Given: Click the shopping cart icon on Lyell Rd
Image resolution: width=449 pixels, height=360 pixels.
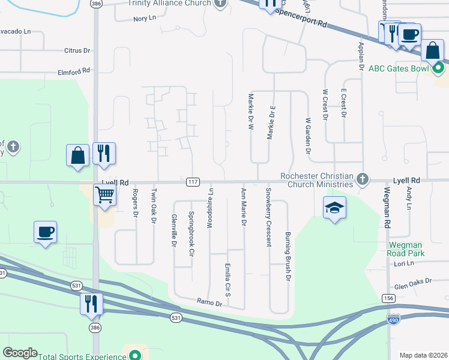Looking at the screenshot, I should click(105, 194).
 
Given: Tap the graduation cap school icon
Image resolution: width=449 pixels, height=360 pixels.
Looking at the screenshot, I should click(335, 208).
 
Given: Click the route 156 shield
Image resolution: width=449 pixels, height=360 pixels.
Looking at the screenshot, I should click(388, 298).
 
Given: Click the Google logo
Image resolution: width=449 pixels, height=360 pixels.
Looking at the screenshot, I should click(20, 353).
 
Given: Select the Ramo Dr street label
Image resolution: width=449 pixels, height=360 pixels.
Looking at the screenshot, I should click(210, 304).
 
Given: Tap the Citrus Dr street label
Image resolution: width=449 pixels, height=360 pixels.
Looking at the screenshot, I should click(77, 51).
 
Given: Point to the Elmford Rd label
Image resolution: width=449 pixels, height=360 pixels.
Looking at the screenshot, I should click(73, 71).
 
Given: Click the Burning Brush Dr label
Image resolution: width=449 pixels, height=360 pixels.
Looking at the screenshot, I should click(288, 248).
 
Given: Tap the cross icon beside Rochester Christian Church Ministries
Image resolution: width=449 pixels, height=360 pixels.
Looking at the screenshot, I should click(362, 179).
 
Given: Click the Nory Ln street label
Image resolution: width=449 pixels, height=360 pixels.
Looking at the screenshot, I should click(144, 19).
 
